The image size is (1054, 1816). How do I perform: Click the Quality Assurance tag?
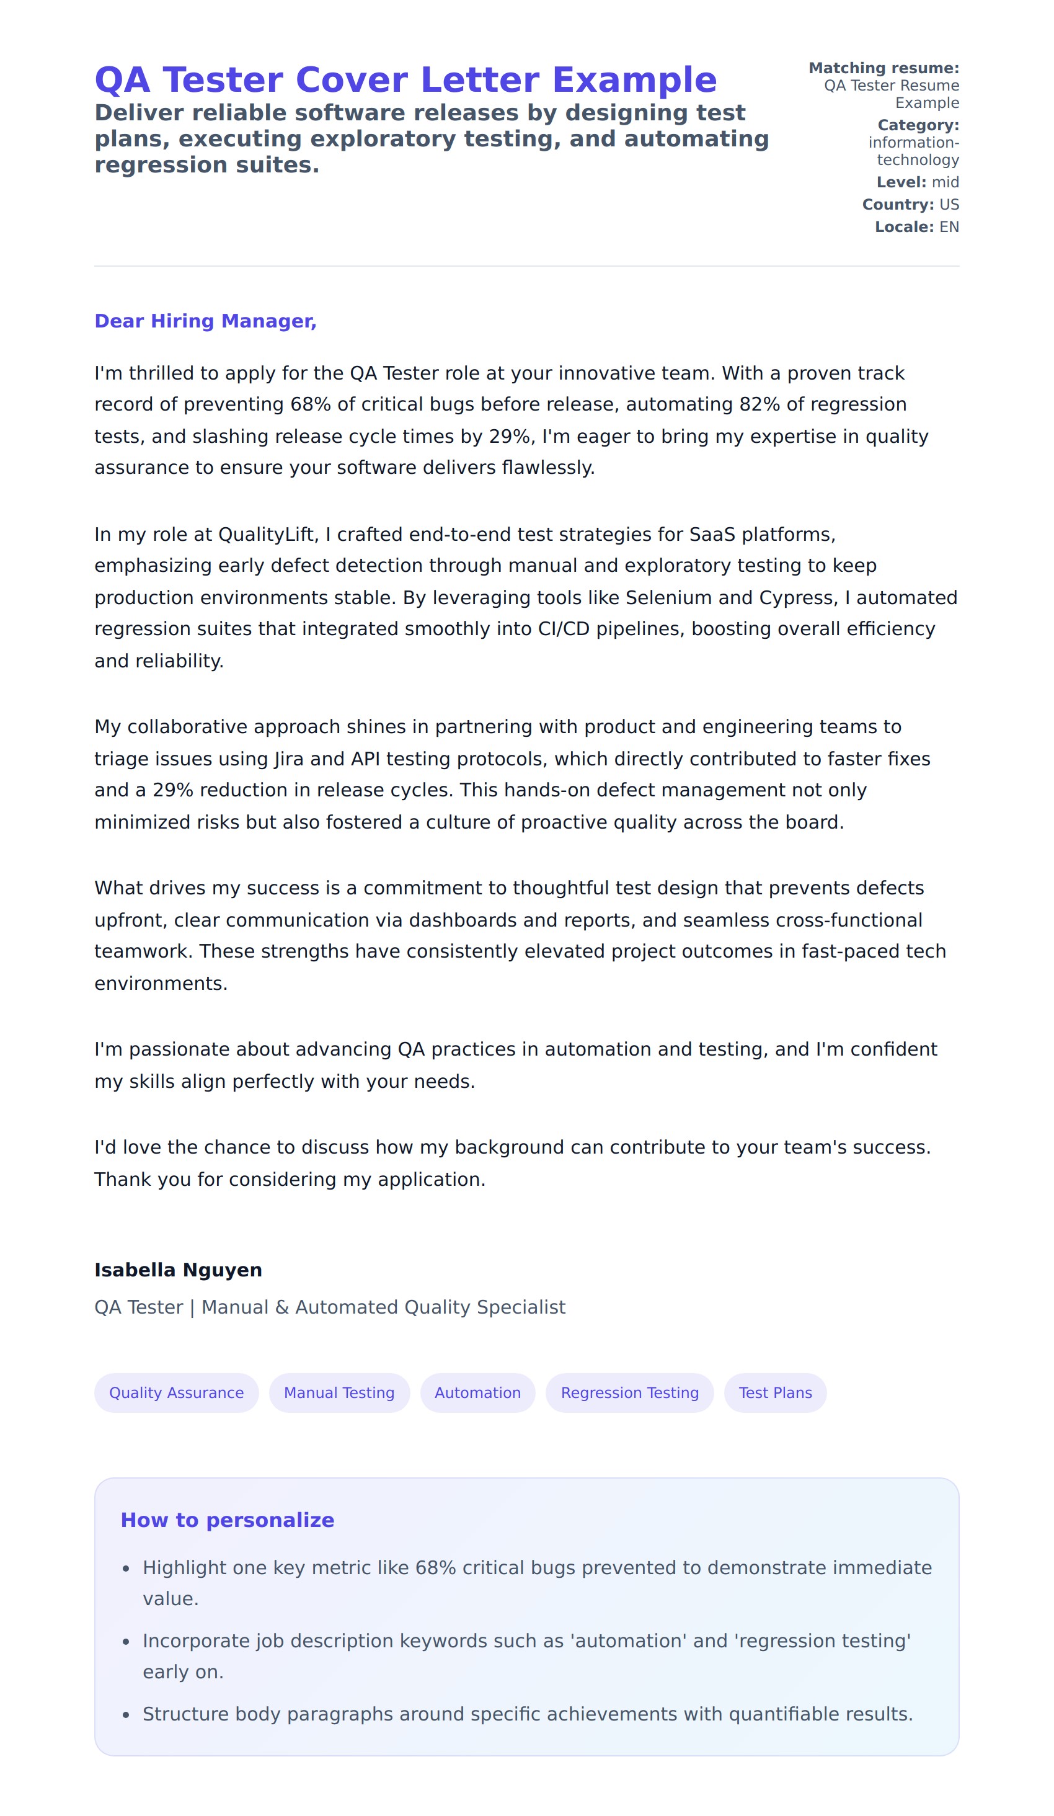coord(177,1393)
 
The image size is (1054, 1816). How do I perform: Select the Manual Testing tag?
coord(339,1393)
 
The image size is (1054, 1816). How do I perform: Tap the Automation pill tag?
coord(477,1393)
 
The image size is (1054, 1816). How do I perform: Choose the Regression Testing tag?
coord(630,1393)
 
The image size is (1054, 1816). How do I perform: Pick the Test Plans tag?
coord(775,1393)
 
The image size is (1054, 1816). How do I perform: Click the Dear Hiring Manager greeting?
coord(205,321)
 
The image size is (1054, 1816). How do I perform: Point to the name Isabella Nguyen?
coord(178,1270)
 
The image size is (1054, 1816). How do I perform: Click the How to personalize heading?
coord(227,1521)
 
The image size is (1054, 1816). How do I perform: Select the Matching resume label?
coord(883,68)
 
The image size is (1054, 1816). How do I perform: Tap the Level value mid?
coord(945,182)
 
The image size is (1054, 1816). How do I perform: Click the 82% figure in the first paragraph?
coord(759,404)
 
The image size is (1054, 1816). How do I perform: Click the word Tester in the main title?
coord(223,80)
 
